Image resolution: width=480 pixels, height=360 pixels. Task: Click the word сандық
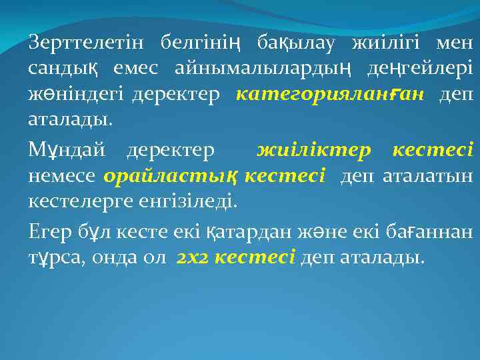point(63,69)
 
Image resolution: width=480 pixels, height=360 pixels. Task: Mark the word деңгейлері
point(419,69)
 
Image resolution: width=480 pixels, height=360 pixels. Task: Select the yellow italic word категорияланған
point(329,95)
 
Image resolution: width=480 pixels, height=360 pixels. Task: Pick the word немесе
point(63,176)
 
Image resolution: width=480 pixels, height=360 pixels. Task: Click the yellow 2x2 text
point(193,258)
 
